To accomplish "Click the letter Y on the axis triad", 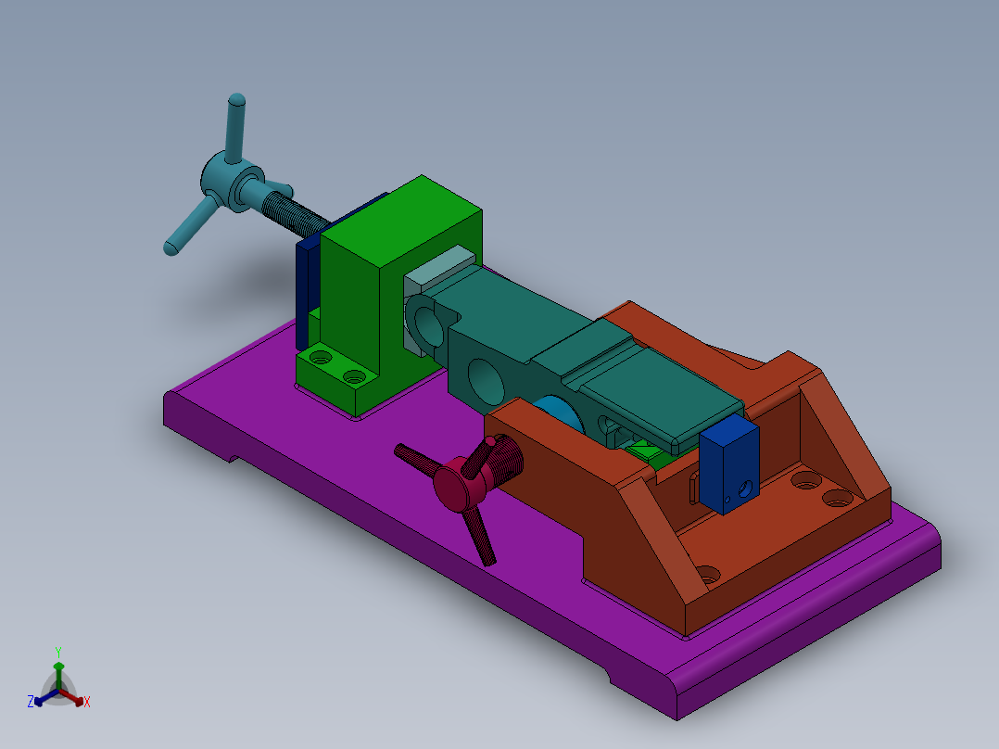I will click(x=57, y=652).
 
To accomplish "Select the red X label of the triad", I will click(x=87, y=703).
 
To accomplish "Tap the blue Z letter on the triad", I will click(x=31, y=703).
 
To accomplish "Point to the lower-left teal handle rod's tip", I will click(x=171, y=248).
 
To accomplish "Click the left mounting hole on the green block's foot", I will click(x=320, y=356).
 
